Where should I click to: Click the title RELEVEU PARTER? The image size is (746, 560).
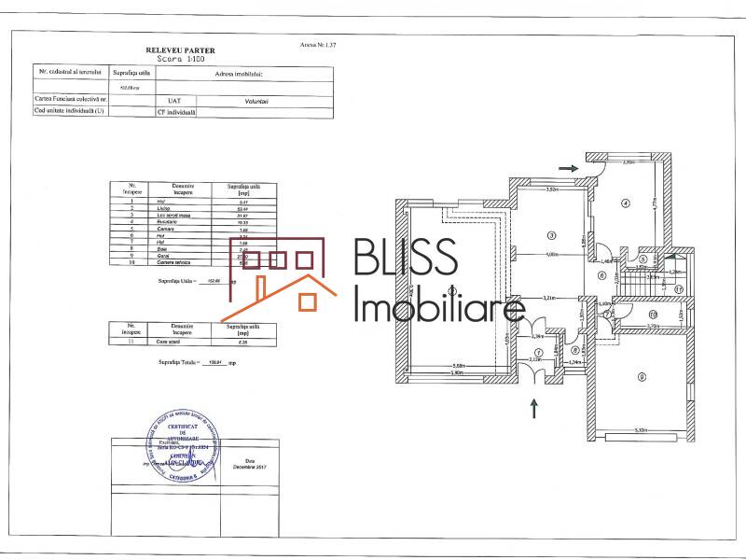(181, 49)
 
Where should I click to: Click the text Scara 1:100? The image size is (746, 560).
(181, 58)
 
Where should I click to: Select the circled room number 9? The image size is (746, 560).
(642, 376)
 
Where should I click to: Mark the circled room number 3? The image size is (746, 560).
(552, 235)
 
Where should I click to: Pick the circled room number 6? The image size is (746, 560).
(602, 275)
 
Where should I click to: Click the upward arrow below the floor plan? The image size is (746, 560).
(534, 407)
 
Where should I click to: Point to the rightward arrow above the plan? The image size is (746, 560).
(568, 168)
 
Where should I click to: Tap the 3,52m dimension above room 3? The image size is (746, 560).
(551, 189)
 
